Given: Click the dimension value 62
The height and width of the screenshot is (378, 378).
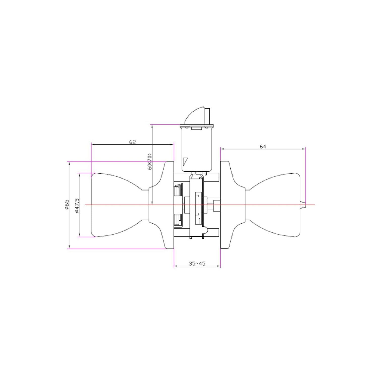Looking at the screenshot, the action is pos(133,142).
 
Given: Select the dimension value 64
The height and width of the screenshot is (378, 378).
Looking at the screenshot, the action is pos(263,146).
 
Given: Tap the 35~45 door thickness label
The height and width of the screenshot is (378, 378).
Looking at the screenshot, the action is pos(197,264).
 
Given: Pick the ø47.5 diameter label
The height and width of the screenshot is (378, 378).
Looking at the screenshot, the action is pos(77,205).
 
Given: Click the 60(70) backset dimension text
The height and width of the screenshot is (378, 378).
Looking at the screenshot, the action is pos(149,161).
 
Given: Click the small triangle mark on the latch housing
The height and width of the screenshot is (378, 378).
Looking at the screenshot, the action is pos(186,161).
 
